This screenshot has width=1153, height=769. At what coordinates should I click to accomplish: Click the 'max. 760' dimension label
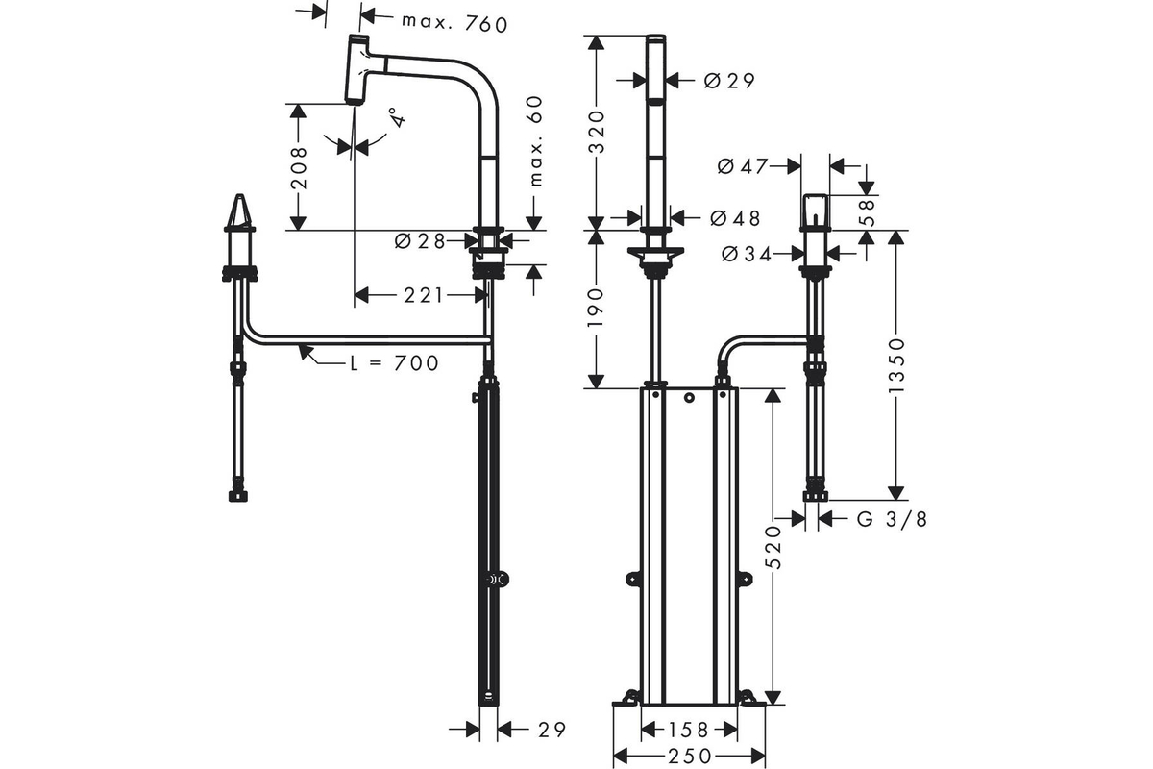point(454,24)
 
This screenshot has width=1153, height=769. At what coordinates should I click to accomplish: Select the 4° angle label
point(398,117)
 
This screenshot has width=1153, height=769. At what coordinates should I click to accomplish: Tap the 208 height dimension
point(299,168)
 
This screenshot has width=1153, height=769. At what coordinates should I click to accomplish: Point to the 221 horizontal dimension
point(423,295)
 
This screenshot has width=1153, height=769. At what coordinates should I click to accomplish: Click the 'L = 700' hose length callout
point(394,363)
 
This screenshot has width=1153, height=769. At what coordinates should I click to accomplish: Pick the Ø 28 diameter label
point(420,240)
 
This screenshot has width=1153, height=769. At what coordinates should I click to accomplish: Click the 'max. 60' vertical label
point(536,140)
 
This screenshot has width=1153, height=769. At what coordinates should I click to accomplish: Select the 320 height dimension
point(596,132)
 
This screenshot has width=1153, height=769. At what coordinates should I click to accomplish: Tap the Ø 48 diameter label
point(735,218)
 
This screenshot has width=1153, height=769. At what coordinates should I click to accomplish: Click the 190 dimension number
point(596,308)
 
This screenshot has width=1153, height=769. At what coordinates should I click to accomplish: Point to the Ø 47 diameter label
point(742,166)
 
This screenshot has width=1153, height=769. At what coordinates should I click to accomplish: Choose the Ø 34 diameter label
point(747,254)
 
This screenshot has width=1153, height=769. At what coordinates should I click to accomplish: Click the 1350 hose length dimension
point(896,364)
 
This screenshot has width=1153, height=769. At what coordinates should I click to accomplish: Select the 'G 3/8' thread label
point(892,519)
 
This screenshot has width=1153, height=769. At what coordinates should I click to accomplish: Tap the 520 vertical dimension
point(773,547)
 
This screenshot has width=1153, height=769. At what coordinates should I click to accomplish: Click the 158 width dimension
point(689,730)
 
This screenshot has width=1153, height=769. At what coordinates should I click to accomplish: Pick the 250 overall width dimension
point(690,757)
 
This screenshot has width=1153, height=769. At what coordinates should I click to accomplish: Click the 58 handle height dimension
point(867,212)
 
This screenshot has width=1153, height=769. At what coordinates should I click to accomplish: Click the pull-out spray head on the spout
point(357,69)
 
